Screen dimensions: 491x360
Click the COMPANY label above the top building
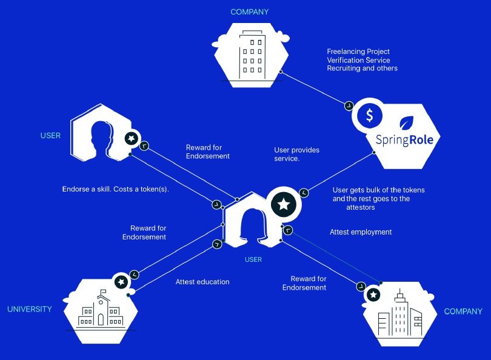[250, 12]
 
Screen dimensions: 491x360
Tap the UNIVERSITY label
[30, 309]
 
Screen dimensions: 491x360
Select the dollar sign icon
[370, 115]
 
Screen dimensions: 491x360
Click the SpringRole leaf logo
[407, 122]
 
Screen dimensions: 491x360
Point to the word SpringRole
[404, 140]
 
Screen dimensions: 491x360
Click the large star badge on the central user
[284, 204]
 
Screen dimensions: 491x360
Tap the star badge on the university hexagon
[121, 282]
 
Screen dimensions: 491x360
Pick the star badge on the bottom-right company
[373, 295]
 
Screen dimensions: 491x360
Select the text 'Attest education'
[202, 282]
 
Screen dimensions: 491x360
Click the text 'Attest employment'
[361, 232]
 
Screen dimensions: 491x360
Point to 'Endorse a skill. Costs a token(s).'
[116, 189]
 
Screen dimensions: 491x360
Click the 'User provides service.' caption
[297, 154]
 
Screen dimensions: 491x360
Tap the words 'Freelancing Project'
[358, 52]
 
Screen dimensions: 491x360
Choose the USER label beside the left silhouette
[50, 136]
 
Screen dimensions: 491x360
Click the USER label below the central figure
[253, 259]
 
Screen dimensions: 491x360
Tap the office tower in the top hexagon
[252, 55]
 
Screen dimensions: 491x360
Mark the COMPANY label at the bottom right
[463, 312]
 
